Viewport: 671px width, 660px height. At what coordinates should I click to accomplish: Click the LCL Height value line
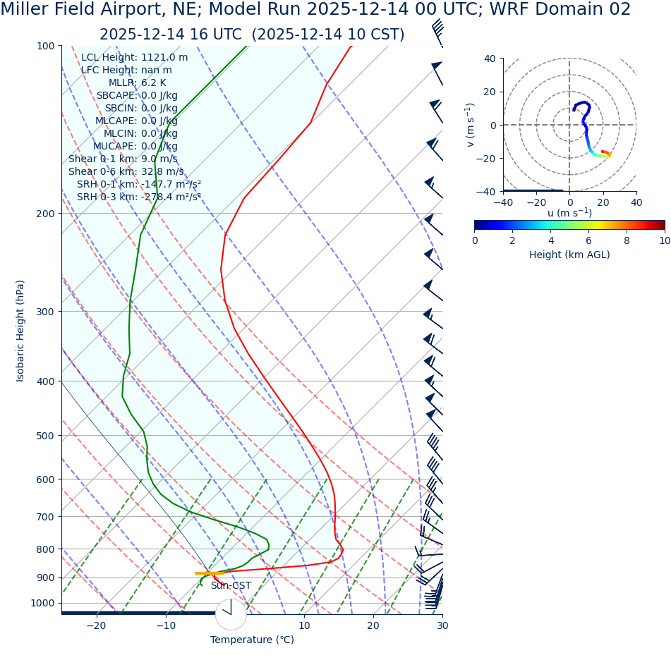[x=134, y=57]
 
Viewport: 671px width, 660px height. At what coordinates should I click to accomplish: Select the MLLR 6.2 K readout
[x=137, y=82]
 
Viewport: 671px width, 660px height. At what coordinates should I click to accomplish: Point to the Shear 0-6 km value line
[x=126, y=171]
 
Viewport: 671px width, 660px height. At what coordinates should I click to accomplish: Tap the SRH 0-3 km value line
[x=138, y=197]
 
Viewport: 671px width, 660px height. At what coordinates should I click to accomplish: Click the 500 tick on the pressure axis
[x=45, y=436]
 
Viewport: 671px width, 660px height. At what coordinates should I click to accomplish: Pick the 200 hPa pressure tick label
[x=45, y=214]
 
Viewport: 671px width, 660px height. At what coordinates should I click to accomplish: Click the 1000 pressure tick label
[x=42, y=603]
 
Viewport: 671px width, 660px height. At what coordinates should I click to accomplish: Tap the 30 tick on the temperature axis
[x=442, y=625]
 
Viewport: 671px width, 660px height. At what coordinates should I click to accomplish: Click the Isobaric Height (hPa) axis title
[x=20, y=331]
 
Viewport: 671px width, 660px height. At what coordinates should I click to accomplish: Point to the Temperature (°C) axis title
[x=252, y=640]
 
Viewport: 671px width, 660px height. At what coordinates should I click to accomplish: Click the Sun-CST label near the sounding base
[x=231, y=586]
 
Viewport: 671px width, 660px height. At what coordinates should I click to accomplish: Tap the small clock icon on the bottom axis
[x=231, y=614]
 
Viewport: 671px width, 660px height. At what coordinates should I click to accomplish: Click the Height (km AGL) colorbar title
[x=569, y=255]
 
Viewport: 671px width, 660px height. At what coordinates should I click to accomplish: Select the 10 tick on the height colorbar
[x=664, y=240]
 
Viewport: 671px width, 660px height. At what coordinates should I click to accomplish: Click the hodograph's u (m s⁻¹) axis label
[x=569, y=213]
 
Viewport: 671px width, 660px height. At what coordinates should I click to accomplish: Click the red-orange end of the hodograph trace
[x=607, y=153]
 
